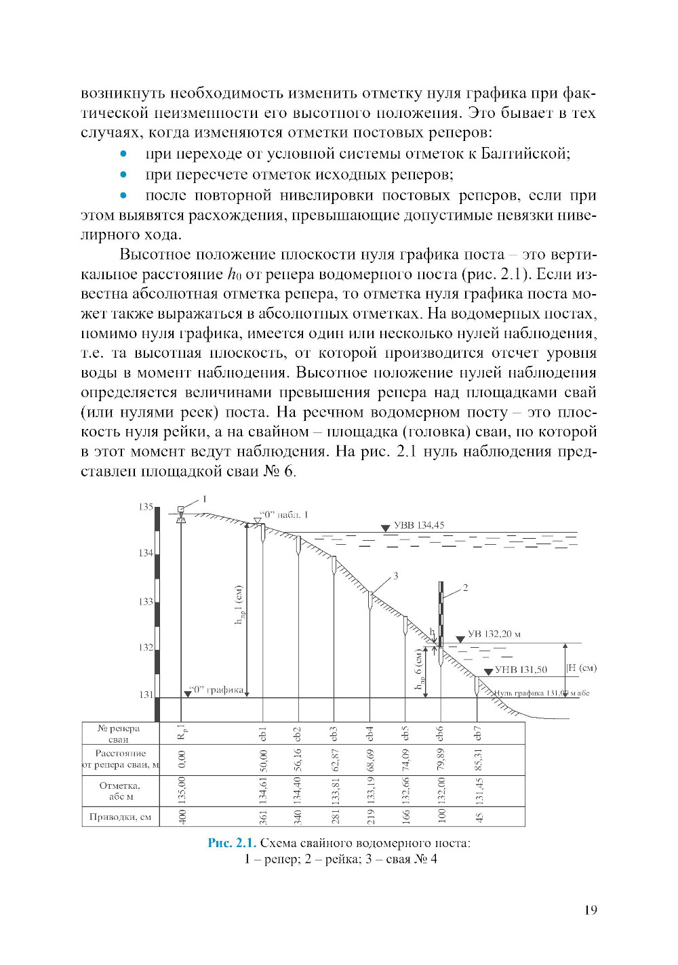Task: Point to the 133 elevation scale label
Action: click(146, 602)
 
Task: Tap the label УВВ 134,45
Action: click(419, 525)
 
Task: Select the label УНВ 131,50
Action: click(521, 670)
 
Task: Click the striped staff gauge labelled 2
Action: click(441, 614)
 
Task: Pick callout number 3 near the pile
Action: click(395, 576)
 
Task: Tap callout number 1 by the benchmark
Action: click(205, 499)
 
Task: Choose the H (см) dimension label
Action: click(582, 668)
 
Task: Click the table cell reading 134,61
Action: click(263, 791)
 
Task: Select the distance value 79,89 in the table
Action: click(441, 760)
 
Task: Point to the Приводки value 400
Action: click(181, 817)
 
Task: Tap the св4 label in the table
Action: click(370, 733)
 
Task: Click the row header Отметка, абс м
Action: click(120, 791)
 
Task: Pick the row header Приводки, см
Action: click(120, 817)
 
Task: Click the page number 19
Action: click(591, 910)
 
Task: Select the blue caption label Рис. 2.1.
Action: click(232, 843)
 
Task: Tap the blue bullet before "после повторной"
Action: click(123, 195)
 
